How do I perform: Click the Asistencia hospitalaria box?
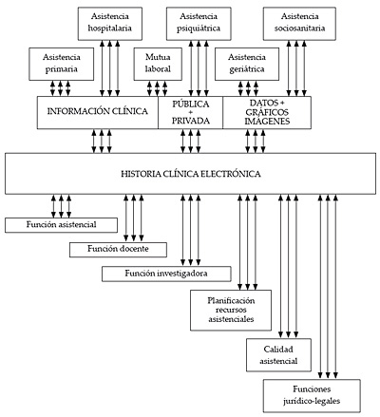(110, 24)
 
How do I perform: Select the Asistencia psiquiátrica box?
(199, 24)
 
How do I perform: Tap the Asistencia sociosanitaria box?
(299, 24)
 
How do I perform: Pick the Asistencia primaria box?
(62, 64)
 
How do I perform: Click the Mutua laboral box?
(158, 64)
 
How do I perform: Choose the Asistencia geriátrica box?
(247, 64)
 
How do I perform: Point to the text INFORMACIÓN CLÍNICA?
(98, 111)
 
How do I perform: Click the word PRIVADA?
(191, 121)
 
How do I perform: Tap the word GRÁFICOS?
(267, 112)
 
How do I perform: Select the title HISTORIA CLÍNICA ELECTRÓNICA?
(191, 174)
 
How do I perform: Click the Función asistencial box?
(61, 225)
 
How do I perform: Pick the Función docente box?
(118, 250)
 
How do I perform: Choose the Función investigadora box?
(166, 274)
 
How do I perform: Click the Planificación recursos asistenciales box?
(231, 311)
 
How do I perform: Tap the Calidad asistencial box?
(278, 355)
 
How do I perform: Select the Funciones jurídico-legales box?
(312, 396)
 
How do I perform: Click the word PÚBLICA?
(191, 104)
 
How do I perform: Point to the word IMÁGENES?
(267, 122)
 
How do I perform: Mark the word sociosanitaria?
(299, 28)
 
